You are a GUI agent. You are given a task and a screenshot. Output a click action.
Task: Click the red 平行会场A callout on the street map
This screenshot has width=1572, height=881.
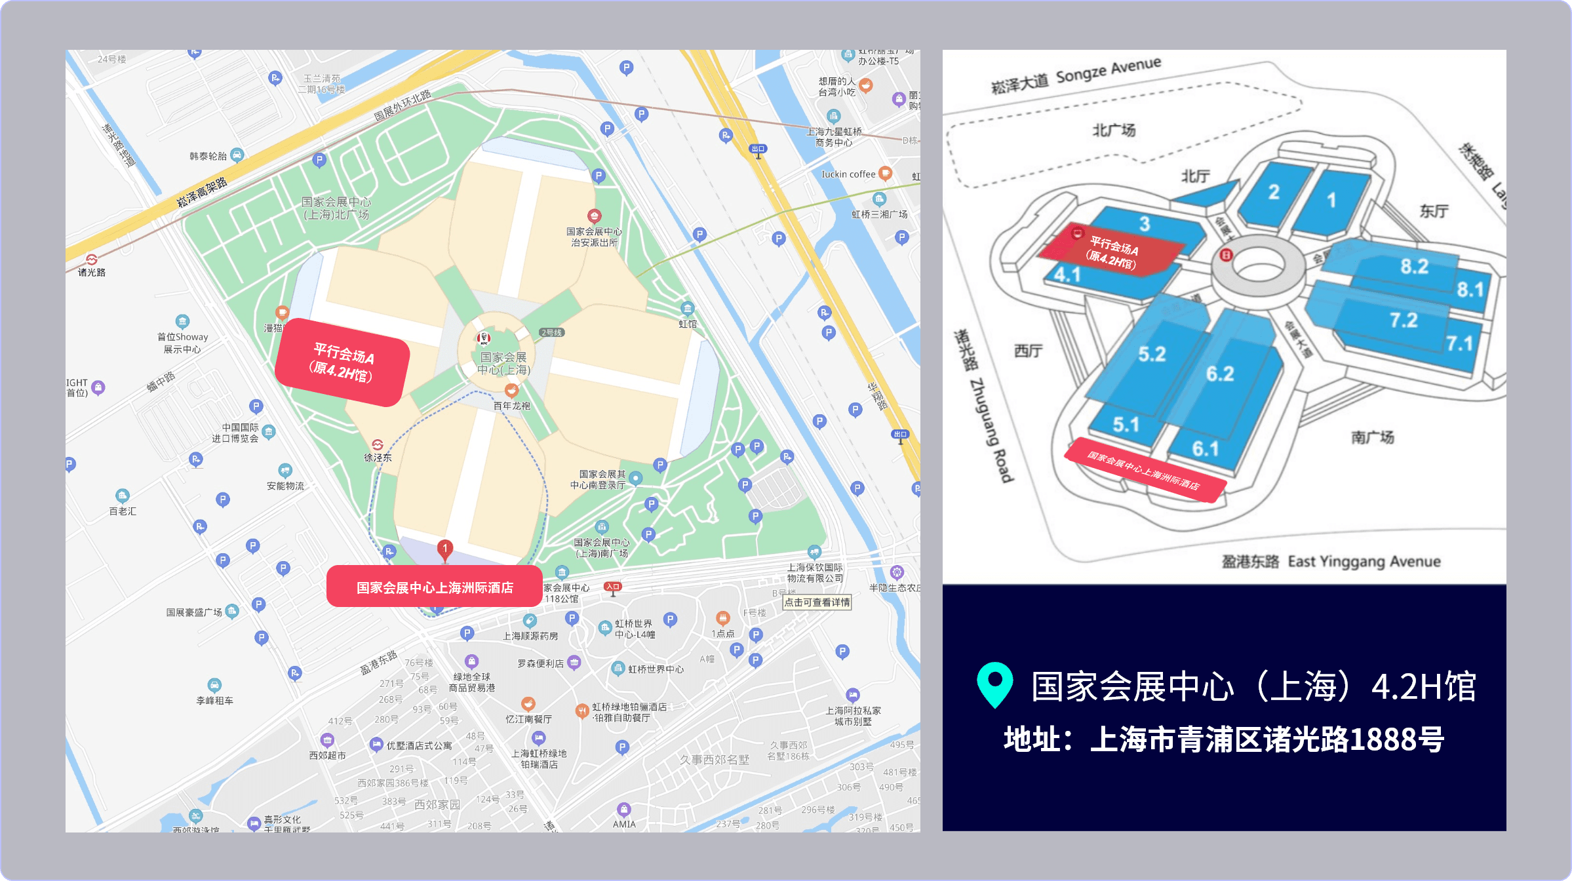[x=343, y=362]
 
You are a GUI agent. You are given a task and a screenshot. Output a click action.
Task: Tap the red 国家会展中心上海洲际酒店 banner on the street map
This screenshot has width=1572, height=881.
[x=434, y=587]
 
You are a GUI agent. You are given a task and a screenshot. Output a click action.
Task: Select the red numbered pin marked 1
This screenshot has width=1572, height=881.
[x=445, y=549]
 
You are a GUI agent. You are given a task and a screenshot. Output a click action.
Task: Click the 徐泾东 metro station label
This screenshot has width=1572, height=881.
[x=378, y=457]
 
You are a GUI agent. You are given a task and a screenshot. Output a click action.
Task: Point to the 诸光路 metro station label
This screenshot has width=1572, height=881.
[x=92, y=271]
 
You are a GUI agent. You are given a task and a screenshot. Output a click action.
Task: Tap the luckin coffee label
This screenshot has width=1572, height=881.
[x=849, y=174]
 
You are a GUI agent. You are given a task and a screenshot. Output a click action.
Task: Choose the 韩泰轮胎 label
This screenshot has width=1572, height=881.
[x=208, y=156]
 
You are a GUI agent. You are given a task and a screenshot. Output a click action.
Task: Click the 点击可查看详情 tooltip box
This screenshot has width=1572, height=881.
[x=817, y=602]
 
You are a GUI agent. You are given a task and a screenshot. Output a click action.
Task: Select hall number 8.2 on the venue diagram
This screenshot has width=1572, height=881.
[x=1414, y=266]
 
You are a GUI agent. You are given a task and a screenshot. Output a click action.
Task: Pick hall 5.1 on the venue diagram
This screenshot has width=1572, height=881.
[x=1126, y=425]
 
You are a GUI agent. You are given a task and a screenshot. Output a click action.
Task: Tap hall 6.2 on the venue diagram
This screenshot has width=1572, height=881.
[x=1220, y=374]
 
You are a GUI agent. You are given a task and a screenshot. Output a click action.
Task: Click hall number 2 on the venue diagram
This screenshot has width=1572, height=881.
[x=1273, y=192]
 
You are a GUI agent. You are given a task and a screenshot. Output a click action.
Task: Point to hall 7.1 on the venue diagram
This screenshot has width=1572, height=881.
[x=1459, y=343]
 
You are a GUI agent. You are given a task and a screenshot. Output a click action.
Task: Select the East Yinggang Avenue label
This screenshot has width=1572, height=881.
[x=1364, y=561]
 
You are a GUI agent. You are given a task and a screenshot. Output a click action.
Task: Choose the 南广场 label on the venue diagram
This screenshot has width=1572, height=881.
[x=1372, y=437]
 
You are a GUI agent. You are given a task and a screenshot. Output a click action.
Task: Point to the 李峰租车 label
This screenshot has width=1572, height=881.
[x=215, y=700]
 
